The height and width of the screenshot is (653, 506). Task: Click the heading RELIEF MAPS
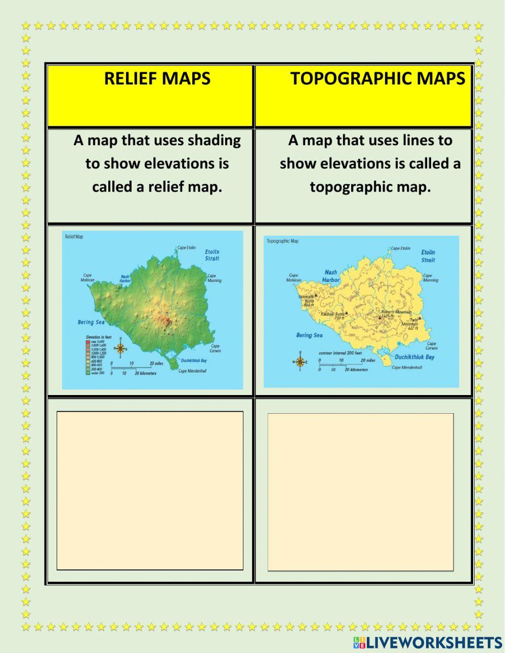(157, 78)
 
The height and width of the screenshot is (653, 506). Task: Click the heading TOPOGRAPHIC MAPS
(377, 78)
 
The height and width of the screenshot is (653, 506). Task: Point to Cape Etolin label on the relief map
(186, 248)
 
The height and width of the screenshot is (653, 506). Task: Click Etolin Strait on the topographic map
(428, 256)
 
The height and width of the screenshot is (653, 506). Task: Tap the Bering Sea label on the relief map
(91, 322)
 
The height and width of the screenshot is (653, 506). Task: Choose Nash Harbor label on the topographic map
(331, 276)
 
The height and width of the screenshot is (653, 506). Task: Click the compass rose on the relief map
(120, 348)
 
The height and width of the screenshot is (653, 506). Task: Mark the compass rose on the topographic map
(300, 361)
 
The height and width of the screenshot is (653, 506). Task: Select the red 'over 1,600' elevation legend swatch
(88, 341)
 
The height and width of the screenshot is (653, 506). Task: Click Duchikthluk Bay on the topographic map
(415, 357)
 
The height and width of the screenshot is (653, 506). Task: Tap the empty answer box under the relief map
(150, 490)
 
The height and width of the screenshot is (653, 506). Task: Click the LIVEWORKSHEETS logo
(428, 643)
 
